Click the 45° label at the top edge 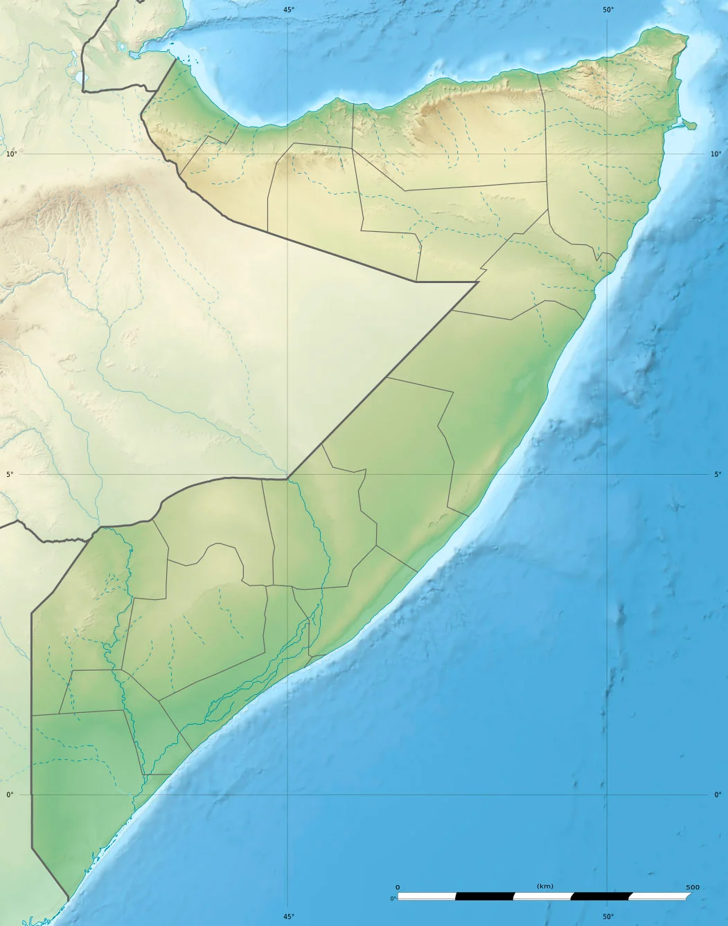point(288,9)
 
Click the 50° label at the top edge point(607,9)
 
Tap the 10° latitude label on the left point(11,154)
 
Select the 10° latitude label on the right point(716,154)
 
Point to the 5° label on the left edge point(10,474)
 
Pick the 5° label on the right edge point(718,474)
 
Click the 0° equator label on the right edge point(718,795)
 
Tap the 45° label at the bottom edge point(288,917)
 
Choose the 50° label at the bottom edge point(607,917)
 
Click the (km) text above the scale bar point(544,886)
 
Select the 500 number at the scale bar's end point(692,887)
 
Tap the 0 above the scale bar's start point(398,887)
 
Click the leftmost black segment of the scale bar point(484,896)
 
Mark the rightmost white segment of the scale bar point(658,896)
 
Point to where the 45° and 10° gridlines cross point(288,154)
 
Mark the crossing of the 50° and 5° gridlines point(607,474)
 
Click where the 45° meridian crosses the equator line point(288,795)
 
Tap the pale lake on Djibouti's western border point(78,76)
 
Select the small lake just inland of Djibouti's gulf point(123,48)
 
